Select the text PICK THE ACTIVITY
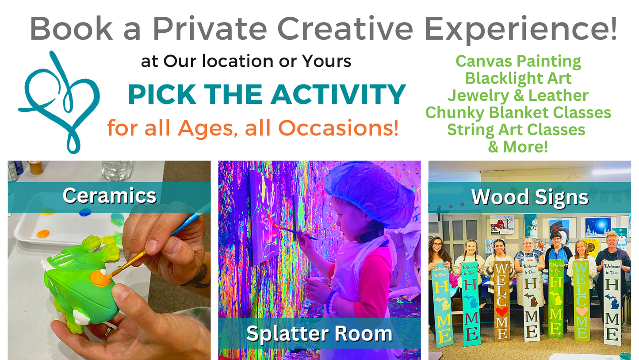point(267,95)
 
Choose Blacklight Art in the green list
point(518,78)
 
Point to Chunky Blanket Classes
point(518,113)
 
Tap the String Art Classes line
point(517,130)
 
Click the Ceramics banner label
point(110,195)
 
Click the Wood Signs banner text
point(530,197)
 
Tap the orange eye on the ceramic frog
point(100,278)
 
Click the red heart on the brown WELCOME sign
point(501,311)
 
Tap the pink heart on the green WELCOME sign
point(582,311)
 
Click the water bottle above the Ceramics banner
point(117,171)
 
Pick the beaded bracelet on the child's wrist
point(332,302)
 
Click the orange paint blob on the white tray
point(43,234)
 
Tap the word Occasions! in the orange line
point(338,128)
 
